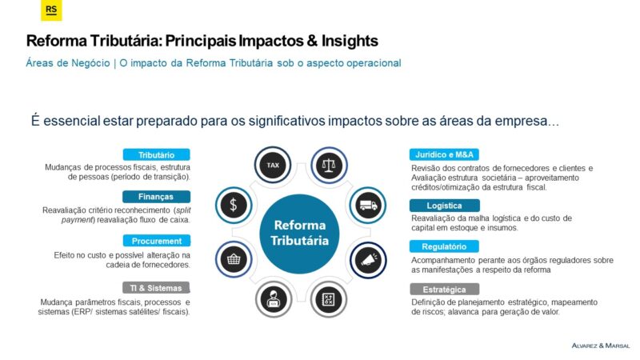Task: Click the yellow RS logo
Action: pos(51,10)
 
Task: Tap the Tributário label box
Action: pos(156,154)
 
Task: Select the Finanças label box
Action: pos(156,197)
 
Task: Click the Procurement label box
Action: pos(157,241)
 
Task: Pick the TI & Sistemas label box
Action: pos(156,288)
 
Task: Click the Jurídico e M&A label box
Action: pos(444,154)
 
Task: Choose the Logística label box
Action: pos(445,206)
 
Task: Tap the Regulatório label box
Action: pos(444,246)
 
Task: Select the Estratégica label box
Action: pos(445,290)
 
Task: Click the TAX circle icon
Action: pos(273,165)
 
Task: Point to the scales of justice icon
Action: pos(329,166)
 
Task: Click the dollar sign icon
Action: pos(234,205)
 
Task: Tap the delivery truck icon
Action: pos(368,205)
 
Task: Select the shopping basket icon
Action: pos(234,259)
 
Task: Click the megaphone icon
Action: pos(368,260)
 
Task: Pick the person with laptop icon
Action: pos(274,299)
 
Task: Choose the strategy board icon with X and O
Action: pos(329,299)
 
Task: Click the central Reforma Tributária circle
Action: pos(299,234)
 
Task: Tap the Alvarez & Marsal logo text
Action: pos(601,346)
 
